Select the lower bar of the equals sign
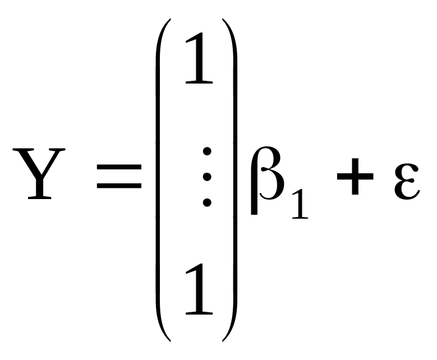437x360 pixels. coord(119,184)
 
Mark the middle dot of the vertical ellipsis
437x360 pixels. coord(207,176)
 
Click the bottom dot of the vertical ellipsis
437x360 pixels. coord(207,202)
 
